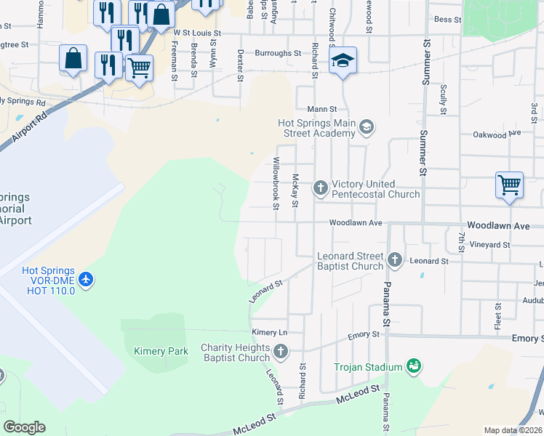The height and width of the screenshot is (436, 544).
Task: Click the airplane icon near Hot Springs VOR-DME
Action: pos(87,279)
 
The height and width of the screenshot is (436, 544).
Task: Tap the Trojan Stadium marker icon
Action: pos(414,366)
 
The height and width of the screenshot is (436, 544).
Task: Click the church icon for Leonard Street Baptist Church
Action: pos(395,259)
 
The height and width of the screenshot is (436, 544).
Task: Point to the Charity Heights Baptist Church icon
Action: pos(281,352)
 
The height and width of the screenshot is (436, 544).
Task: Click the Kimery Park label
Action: pos(161,352)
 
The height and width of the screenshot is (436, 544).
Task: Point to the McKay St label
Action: pos(295,190)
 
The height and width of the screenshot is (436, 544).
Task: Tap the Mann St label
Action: pos(322,109)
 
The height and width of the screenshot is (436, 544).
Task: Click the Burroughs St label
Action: pos(278,53)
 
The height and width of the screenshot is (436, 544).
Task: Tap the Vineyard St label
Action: pos(490,245)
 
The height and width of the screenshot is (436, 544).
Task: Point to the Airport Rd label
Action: pos(29,127)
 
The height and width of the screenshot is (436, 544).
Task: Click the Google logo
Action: pos(25,427)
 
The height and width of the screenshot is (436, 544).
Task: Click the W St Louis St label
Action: pos(196,33)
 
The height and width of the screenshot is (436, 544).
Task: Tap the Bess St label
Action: pos(447,20)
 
